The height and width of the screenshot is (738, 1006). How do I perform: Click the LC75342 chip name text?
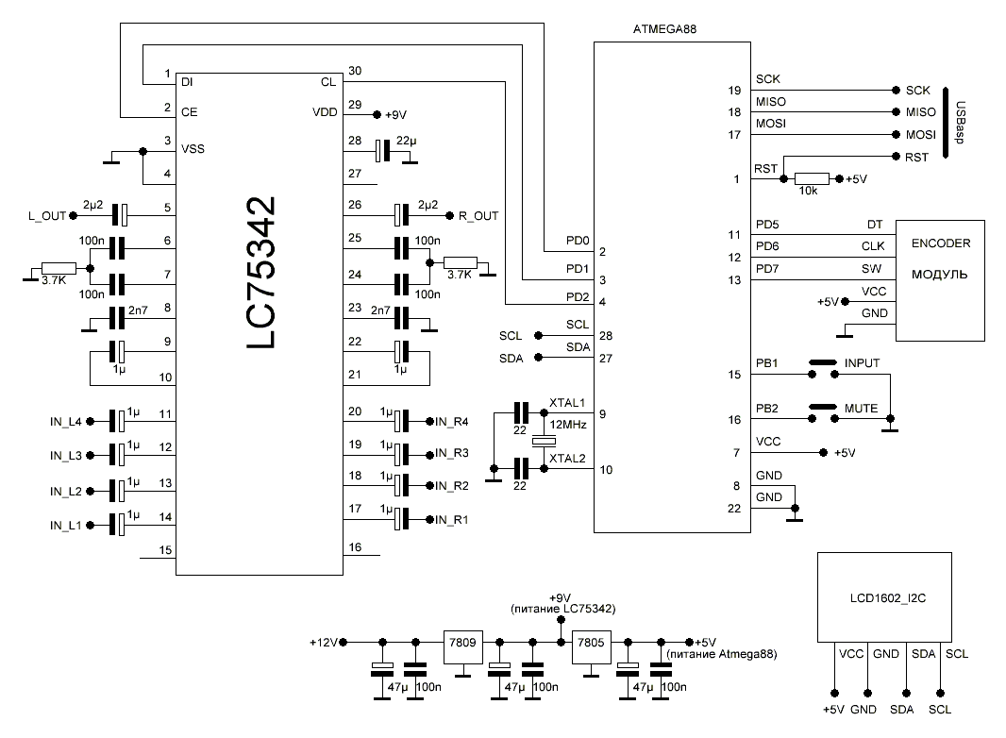click(262, 274)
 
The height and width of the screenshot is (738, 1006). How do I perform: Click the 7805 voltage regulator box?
click(592, 641)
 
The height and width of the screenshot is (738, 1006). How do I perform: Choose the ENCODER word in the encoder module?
click(940, 243)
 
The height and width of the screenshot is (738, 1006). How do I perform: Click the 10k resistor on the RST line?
click(812, 178)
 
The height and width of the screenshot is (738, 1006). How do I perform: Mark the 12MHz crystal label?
click(569, 426)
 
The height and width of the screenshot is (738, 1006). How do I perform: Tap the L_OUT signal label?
click(47, 215)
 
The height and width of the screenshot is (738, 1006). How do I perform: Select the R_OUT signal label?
click(478, 215)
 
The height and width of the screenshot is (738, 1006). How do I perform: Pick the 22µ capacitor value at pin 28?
click(409, 142)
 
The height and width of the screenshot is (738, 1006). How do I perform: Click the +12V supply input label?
click(323, 642)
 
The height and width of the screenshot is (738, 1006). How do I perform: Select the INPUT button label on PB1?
click(862, 361)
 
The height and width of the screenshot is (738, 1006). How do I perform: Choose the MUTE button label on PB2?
click(861, 409)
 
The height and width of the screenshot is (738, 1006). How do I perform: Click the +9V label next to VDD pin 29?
click(395, 114)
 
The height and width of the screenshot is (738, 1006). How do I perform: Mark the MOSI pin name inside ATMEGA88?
click(771, 124)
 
